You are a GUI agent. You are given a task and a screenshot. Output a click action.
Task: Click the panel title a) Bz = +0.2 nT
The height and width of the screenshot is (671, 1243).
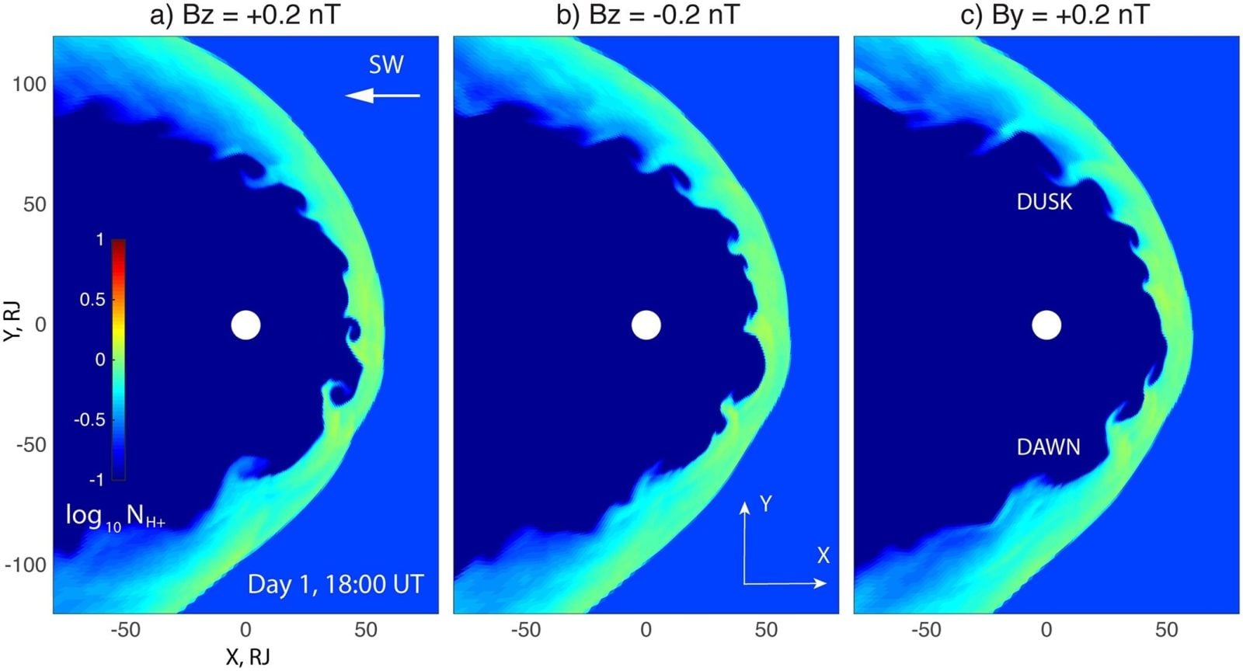point(245,15)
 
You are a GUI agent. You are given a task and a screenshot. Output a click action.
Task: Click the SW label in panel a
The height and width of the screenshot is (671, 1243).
point(385,64)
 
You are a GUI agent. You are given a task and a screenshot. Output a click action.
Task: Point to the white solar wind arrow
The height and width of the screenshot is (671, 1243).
point(382,96)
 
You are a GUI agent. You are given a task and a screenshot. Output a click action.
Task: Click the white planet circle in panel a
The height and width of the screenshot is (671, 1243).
point(245,325)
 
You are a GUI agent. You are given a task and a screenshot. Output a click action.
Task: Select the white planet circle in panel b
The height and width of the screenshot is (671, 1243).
point(646,325)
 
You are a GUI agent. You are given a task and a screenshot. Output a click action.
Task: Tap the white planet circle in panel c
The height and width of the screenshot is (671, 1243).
point(1046,325)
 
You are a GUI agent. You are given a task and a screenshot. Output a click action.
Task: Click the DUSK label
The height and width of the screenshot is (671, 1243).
point(1044,202)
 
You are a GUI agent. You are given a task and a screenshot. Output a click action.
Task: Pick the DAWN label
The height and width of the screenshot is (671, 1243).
point(1048,447)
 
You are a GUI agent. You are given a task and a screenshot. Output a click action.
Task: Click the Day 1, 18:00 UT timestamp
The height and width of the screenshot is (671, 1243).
point(336,584)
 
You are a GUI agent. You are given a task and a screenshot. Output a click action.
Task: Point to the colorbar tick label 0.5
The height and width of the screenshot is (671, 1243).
point(92,300)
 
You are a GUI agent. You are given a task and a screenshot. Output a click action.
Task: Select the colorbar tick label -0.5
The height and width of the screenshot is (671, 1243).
point(89,419)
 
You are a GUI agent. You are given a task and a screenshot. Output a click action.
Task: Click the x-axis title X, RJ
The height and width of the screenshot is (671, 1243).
point(247,657)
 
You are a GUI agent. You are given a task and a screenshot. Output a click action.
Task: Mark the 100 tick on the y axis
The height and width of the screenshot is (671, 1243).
point(29,84)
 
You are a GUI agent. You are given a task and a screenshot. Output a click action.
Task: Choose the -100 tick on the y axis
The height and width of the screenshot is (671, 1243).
point(26,565)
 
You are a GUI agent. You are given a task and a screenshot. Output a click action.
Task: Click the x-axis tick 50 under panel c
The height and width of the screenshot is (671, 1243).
point(1166,630)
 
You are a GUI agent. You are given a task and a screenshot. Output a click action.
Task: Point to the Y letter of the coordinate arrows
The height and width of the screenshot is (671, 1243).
point(766,504)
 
